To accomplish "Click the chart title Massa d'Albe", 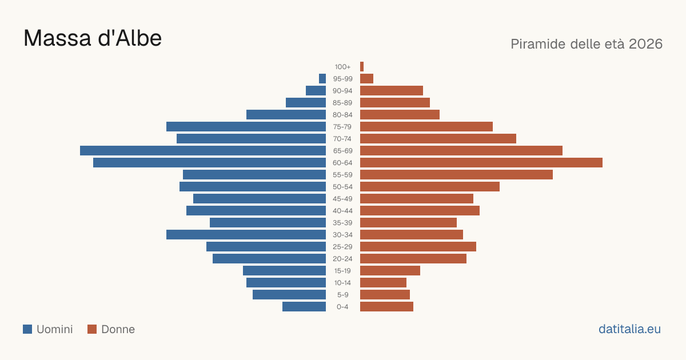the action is point(93,38).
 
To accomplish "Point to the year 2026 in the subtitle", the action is point(645,44).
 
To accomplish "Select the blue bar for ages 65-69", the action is point(203,151).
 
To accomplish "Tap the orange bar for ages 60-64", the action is point(481,162).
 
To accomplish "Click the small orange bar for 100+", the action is point(362,66).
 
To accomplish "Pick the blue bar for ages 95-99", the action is point(322,78).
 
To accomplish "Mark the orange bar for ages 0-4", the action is point(386,306).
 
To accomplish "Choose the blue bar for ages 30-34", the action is point(246,234).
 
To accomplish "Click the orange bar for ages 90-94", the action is point(392,91).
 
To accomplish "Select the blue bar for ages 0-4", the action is point(304,306).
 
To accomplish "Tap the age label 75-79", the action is point(342,127).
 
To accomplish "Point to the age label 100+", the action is point(342,67).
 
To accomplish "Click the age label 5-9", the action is point(342,295).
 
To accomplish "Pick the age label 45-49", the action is point(342,199).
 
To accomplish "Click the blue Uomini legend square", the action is point(27,329).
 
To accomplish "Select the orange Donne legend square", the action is point(92,329).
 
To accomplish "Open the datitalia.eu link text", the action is point(629,329).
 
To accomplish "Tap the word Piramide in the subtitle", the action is point(537,44).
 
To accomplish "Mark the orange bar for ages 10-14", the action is point(383,282).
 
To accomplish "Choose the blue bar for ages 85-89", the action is point(306,102).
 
